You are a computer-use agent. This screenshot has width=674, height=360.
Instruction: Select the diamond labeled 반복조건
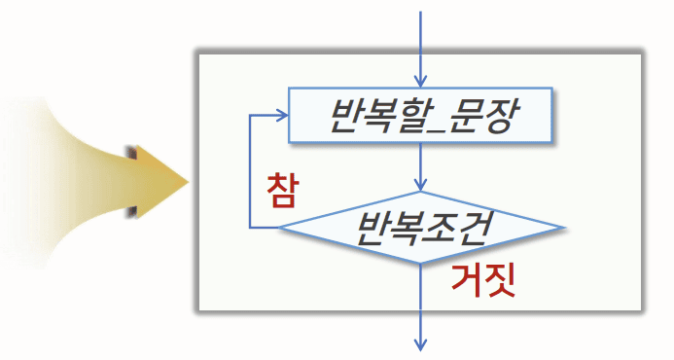click(421, 228)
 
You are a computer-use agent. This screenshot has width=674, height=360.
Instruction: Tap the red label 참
click(280, 191)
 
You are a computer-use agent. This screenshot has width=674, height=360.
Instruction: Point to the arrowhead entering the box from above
click(421, 79)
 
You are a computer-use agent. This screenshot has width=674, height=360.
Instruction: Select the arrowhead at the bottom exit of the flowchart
click(421, 342)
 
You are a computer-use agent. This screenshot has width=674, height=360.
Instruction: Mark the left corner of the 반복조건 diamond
click(280, 228)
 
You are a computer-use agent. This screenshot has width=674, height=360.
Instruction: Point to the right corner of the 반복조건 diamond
click(564, 228)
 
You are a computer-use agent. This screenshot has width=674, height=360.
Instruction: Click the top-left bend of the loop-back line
click(250, 116)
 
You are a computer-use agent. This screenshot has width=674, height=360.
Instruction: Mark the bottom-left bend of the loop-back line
click(250, 228)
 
